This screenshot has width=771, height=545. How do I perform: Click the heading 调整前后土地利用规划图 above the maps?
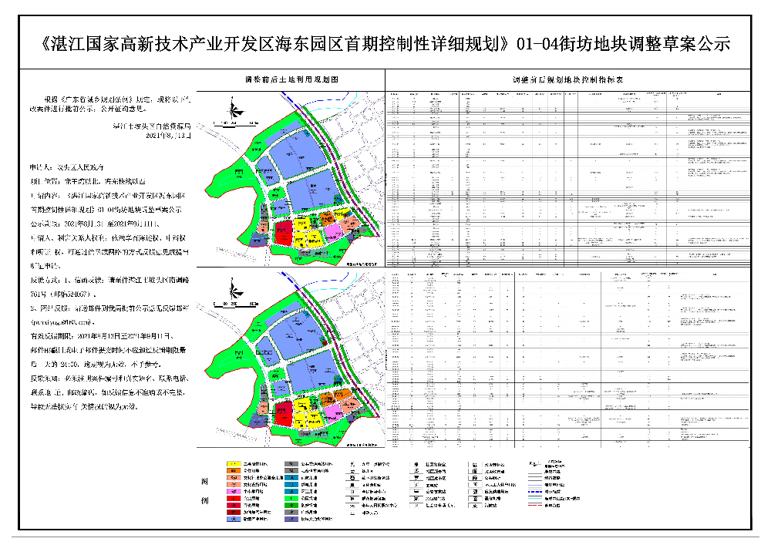[292, 79]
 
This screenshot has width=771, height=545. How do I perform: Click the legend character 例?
[204, 502]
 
